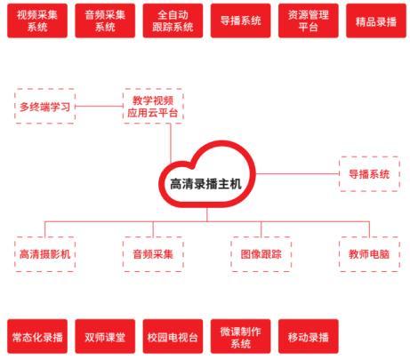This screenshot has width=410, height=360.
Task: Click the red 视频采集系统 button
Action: tap(37, 20)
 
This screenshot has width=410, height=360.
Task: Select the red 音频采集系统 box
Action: tap(105, 20)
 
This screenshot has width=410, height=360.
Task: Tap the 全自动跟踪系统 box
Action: tap(173, 20)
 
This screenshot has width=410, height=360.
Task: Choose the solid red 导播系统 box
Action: tap(241, 20)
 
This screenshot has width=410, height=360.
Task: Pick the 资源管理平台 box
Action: tap(309, 20)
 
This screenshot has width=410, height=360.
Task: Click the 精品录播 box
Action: tap(376, 20)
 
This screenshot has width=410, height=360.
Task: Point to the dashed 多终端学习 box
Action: tap(44, 106)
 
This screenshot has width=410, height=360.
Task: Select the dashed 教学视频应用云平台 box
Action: tap(153, 106)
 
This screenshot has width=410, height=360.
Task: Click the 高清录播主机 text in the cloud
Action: tap(205, 184)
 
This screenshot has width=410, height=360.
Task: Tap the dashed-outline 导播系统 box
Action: tap(369, 174)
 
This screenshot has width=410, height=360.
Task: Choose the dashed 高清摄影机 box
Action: tap(44, 254)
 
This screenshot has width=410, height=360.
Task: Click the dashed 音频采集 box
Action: tap(153, 254)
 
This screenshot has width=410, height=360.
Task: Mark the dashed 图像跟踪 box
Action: tap(261, 254)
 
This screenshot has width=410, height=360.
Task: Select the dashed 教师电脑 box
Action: tap(369, 254)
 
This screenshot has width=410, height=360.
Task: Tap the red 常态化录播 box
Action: tap(37, 336)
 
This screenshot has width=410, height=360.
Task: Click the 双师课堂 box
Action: tap(105, 336)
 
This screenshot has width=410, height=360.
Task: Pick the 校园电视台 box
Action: tap(173, 336)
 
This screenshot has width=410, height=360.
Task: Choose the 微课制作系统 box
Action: tap(241, 336)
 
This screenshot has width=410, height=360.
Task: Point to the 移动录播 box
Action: tap(309, 336)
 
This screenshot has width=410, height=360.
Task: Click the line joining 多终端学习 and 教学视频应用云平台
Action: tap(99, 106)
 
